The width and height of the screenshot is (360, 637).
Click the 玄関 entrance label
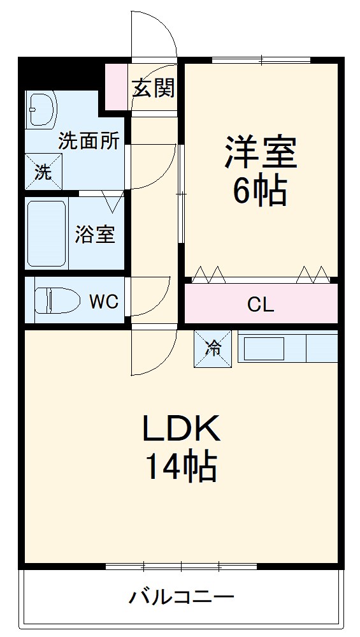(153, 88)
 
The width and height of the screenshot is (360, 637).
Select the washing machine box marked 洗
(43, 172)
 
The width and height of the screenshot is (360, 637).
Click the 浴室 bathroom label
(95, 234)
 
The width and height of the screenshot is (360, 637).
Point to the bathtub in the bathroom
(47, 233)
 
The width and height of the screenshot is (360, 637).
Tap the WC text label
(103, 301)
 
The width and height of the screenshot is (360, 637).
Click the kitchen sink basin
(264, 348)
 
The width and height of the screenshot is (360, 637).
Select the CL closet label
(261, 305)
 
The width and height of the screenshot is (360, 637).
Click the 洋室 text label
(260, 150)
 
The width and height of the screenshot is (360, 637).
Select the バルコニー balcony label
(182, 597)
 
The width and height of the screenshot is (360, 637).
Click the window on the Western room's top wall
(261, 61)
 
